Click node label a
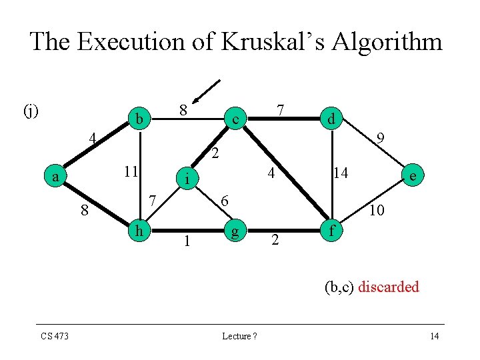pyautogui.click(x=57, y=177)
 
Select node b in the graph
pyautogui.click(x=139, y=119)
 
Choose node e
pyautogui.click(x=414, y=176)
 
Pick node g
pyautogui.click(x=234, y=233)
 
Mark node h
pyautogui.click(x=139, y=231)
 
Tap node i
pyautogui.click(x=189, y=178)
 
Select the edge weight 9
pyautogui.click(x=381, y=139)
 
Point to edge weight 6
pyautogui.click(x=225, y=201)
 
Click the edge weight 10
pyautogui.click(x=377, y=211)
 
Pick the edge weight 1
pyautogui.click(x=187, y=241)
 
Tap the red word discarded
pyautogui.click(x=389, y=287)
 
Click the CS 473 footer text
pyautogui.click(x=54, y=336)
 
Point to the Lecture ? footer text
pyautogui.click(x=240, y=336)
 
